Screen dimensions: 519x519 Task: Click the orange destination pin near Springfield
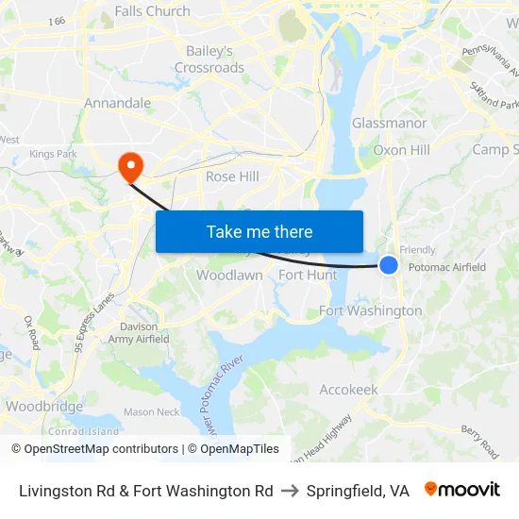pyautogui.click(x=129, y=166)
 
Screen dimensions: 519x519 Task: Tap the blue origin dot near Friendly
pyautogui.click(x=389, y=265)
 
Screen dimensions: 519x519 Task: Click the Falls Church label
pyautogui.click(x=152, y=11)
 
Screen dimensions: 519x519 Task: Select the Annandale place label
pyautogui.click(x=118, y=103)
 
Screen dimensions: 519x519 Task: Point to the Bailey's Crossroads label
pyautogui.click(x=209, y=59)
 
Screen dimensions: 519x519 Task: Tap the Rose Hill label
pyautogui.click(x=232, y=176)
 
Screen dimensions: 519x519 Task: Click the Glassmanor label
pyautogui.click(x=390, y=124)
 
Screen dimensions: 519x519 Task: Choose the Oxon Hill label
pyautogui.click(x=402, y=150)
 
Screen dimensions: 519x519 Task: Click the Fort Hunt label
pyautogui.click(x=308, y=276)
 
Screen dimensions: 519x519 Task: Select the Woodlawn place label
pyautogui.click(x=229, y=276)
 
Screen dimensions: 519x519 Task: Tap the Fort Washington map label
pyautogui.click(x=371, y=310)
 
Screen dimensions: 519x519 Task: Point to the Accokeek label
pyautogui.click(x=349, y=390)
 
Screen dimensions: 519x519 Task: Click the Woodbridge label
pyautogui.click(x=44, y=407)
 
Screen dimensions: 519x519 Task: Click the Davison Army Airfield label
pyautogui.click(x=139, y=333)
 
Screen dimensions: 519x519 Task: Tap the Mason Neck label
pyautogui.click(x=151, y=411)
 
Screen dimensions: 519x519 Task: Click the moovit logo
pyautogui.click(x=461, y=490)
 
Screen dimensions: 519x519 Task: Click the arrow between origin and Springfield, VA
pyautogui.click(x=290, y=491)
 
